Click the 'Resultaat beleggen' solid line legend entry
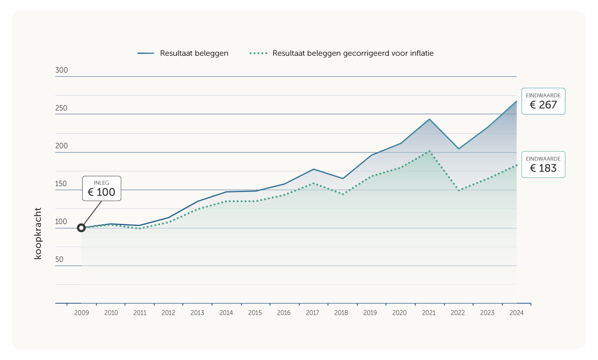(183, 53)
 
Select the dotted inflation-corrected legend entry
(341, 53)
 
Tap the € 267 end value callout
(543, 101)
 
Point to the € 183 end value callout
(543, 164)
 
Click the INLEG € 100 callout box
(101, 188)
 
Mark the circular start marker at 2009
(81, 228)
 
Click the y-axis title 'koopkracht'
(38, 233)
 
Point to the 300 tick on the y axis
(62, 70)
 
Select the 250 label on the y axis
(61, 108)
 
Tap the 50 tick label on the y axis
(59, 260)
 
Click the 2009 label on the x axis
(81, 313)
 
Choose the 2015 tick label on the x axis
(255, 313)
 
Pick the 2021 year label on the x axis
(429, 313)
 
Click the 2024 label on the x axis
(516, 313)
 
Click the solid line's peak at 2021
(429, 119)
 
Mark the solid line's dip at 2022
(458, 149)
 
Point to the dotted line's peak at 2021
(429, 151)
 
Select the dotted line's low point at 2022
(458, 190)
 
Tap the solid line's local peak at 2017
(313, 169)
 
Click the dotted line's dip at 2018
(343, 194)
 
